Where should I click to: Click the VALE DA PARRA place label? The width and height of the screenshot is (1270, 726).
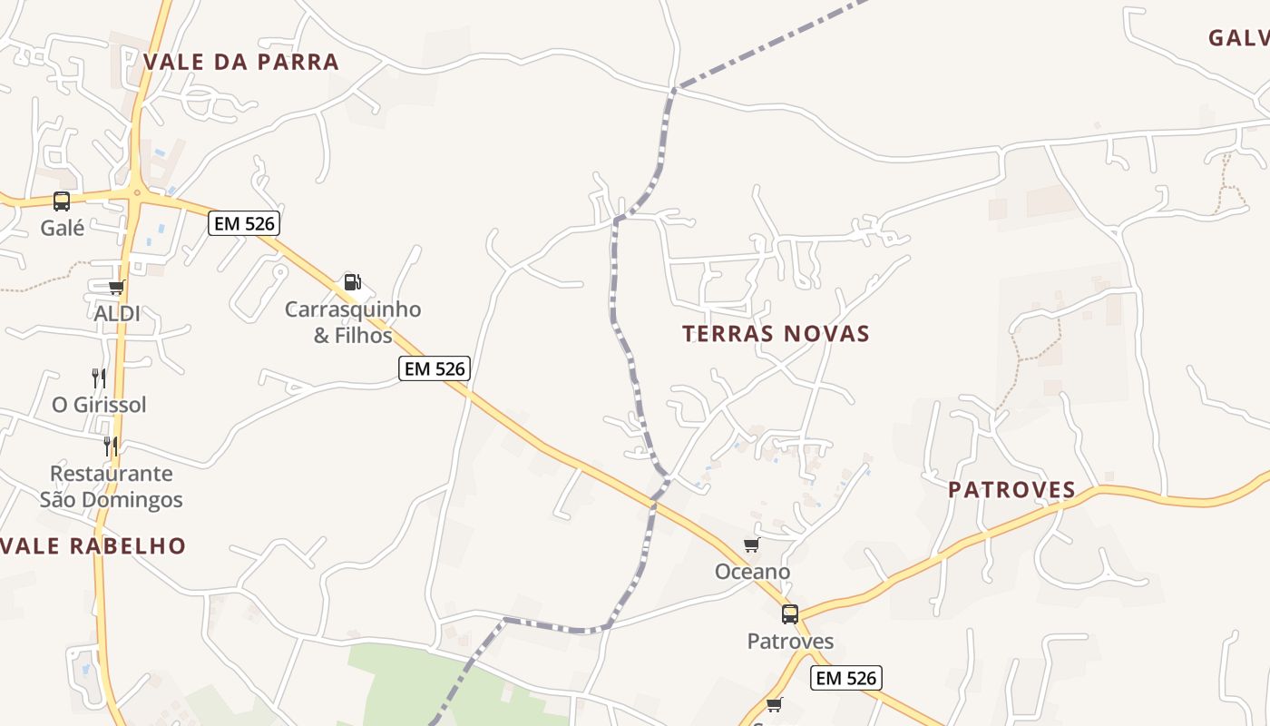241,62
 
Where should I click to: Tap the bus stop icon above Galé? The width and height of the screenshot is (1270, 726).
62,201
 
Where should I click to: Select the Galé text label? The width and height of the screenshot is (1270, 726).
62,228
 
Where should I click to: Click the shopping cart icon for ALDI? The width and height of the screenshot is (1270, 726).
116,288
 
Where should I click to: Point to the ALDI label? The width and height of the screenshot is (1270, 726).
117,314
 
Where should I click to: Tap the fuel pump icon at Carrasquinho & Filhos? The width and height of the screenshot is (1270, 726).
353,282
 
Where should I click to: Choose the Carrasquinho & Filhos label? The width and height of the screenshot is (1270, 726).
353,322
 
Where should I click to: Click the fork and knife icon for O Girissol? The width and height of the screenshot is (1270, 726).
99,378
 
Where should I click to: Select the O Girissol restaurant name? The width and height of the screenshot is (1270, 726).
99,405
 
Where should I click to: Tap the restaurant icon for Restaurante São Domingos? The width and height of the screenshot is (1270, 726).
111,446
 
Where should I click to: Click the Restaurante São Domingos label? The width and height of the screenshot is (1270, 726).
111,486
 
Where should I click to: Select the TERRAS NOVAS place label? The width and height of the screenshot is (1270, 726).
776,334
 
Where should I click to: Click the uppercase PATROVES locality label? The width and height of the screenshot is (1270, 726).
1011,490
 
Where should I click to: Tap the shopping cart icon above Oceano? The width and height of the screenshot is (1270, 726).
751,545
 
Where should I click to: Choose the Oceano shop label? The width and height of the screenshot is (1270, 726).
752,573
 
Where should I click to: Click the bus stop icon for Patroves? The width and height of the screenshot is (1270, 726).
790,614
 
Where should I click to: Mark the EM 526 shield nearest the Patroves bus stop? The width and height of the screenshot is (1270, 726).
845,678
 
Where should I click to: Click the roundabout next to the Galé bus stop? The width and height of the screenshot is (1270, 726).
136,192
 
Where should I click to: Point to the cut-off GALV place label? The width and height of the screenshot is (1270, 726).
1239,38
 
